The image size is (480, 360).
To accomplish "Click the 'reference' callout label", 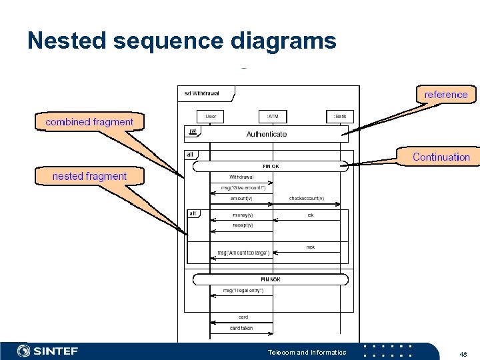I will pyautogui.click(x=446, y=95).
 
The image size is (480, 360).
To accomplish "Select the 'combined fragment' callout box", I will pyautogui.click(x=89, y=122).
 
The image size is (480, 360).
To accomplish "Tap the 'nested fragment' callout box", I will pyautogui.click(x=89, y=176).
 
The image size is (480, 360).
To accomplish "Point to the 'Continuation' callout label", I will pyautogui.click(x=441, y=157).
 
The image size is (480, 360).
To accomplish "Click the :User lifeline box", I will pyautogui.click(x=210, y=116).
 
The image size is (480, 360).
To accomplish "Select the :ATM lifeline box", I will pyautogui.click(x=273, y=116).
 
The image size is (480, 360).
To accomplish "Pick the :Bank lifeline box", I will pyautogui.click(x=340, y=116).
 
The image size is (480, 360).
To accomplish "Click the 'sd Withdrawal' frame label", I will pyautogui.click(x=201, y=93).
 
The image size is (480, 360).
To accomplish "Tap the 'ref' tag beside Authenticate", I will pyautogui.click(x=192, y=131).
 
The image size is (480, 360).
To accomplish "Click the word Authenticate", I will pyautogui.click(x=267, y=134).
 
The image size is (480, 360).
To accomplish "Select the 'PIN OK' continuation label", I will pyautogui.click(x=271, y=166).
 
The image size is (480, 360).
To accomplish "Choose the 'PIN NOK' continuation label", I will pyautogui.click(x=271, y=279).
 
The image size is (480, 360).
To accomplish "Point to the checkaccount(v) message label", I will pyautogui.click(x=306, y=199).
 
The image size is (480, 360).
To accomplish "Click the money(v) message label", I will pyautogui.click(x=243, y=215).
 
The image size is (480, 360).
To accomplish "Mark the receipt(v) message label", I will pyautogui.click(x=243, y=225).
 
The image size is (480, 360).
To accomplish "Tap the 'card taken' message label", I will pyautogui.click(x=241, y=328).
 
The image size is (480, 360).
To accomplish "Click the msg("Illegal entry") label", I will pyautogui.click(x=243, y=291).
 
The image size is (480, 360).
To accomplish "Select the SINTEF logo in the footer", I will pyautogui.click(x=48, y=351).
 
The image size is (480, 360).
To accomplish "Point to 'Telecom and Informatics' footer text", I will pyautogui.click(x=307, y=352).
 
